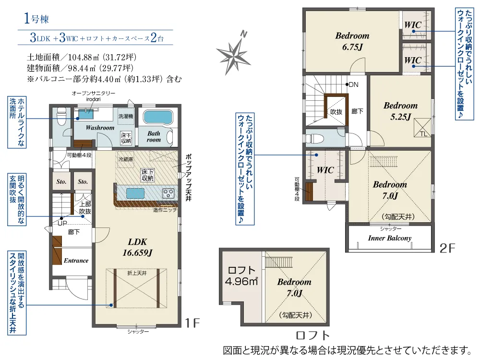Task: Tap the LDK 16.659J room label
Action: [137, 247]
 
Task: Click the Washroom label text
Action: [100, 128]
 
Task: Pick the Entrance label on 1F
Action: [76, 261]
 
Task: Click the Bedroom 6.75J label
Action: [352, 41]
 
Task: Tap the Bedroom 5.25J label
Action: [400, 111]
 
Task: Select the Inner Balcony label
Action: [389, 238]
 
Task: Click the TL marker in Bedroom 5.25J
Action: [423, 134]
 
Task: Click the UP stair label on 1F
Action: [62, 223]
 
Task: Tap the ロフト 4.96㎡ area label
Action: [241, 276]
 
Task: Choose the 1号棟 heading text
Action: [36, 19]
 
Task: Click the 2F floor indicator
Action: [447, 248]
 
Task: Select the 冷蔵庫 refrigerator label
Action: [125, 159]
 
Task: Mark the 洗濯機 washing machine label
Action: [125, 116]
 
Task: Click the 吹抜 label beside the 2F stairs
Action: [336, 112]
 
